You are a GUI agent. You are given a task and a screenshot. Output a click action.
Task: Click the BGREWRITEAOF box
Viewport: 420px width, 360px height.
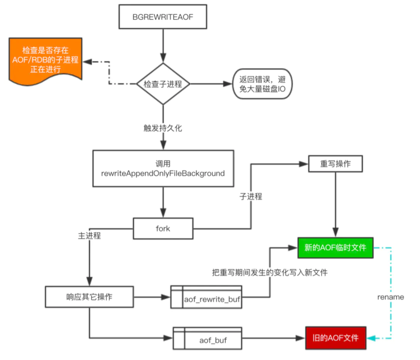pyautogui.click(x=163, y=17)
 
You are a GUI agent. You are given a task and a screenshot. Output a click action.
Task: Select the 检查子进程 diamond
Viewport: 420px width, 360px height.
pyautogui.click(x=163, y=84)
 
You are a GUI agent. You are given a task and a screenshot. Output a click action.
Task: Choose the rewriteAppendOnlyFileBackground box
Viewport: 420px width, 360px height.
pyautogui.click(x=163, y=169)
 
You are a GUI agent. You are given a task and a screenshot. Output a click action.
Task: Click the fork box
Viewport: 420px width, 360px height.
pyautogui.click(x=163, y=229)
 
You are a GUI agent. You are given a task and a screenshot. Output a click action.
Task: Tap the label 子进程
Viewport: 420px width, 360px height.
pyautogui.click(x=251, y=197)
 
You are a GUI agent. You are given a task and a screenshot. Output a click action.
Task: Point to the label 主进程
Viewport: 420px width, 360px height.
pyautogui.click(x=90, y=236)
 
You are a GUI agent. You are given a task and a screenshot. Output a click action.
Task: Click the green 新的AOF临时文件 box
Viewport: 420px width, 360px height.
pyautogui.click(x=335, y=248)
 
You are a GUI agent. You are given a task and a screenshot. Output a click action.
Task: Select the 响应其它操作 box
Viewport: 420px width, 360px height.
pyautogui.click(x=89, y=297)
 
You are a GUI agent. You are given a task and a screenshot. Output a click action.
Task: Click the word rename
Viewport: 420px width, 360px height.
pyautogui.click(x=391, y=297)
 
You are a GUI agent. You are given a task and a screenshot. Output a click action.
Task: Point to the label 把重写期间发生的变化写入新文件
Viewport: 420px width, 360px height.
pyautogui.click(x=270, y=272)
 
